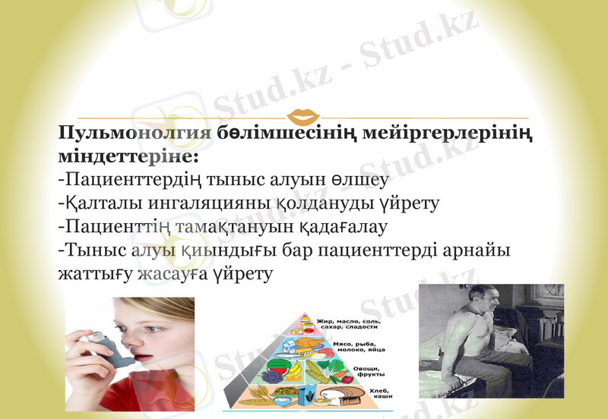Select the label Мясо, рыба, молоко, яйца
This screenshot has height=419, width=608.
pyautogui.click(x=360, y=348)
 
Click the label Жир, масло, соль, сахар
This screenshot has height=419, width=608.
pyautogui.click(x=351, y=325)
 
